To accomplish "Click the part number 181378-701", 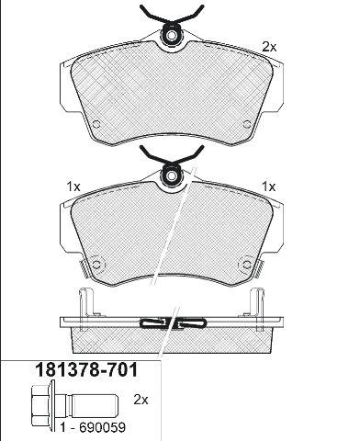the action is coord(86,370).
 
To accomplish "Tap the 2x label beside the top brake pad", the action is coord(269,47).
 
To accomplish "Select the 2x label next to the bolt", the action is coord(141,400).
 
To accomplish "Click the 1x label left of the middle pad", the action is coord(73,187).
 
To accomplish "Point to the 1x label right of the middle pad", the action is coord(269,187).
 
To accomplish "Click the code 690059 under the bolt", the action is coord(102,427).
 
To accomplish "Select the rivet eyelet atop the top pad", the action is coord(171,36).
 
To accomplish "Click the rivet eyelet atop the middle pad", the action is coord(171,175).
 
